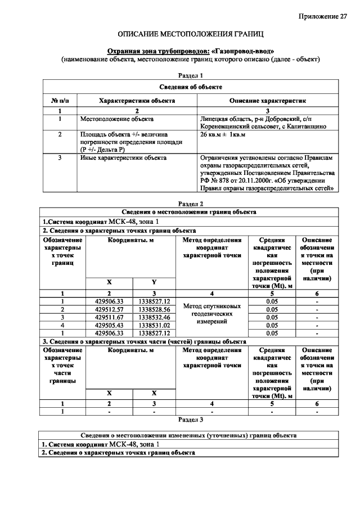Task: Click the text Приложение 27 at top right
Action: click(x=323, y=16)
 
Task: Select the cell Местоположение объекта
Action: click(x=116, y=119)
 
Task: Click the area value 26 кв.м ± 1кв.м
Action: click(x=223, y=135)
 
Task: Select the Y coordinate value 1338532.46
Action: click(x=154, y=317)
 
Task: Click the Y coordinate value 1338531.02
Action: click(x=154, y=325)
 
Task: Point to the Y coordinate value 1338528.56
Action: click(x=154, y=309)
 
